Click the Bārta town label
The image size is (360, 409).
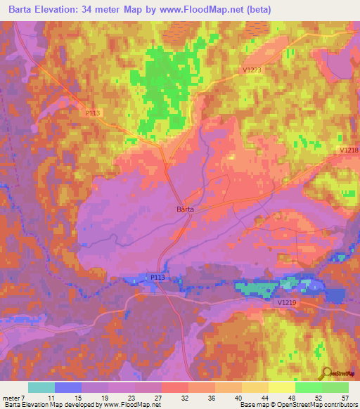(x=184, y=209)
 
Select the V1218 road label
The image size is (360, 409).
(x=349, y=150)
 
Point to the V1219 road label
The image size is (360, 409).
(x=287, y=302)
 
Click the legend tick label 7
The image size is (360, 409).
(x=25, y=398)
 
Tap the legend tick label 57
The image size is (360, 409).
(x=345, y=398)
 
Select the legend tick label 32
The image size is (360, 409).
(x=184, y=398)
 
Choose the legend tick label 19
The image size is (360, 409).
(x=104, y=398)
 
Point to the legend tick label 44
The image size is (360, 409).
(x=264, y=398)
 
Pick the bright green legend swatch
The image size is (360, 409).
(x=309, y=387)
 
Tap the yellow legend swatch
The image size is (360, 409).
(x=282, y=387)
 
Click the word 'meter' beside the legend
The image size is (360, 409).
(x=11, y=398)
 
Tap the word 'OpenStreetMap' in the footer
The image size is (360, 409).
(x=292, y=405)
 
